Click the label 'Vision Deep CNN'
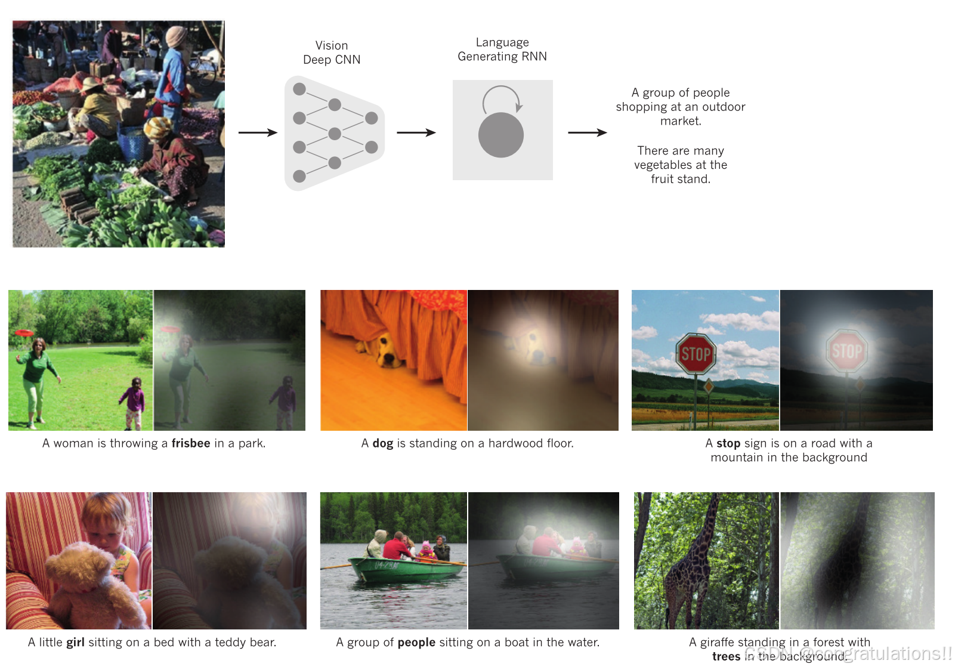(332, 53)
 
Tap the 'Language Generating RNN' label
(502, 50)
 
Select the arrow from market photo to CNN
(258, 132)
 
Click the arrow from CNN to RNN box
(416, 132)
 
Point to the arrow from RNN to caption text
(587, 132)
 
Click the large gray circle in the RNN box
(501, 135)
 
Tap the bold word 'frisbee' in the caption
(191, 443)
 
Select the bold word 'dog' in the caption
(383, 443)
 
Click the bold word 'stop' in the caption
(728, 443)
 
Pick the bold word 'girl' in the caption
(75, 643)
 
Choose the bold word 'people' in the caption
(416, 643)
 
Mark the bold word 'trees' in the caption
(726, 656)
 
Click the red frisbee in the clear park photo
(24, 332)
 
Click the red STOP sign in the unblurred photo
(696, 354)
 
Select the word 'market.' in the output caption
(681, 121)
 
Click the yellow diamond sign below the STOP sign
(709, 387)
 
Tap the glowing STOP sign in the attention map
(846, 351)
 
